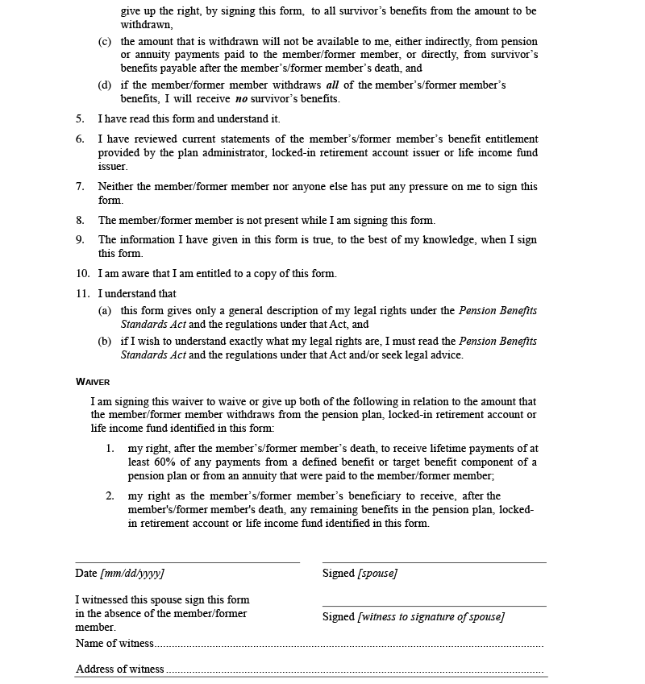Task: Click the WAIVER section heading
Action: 93,382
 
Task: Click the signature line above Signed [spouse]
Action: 434,562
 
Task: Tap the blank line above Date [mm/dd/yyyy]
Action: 187,562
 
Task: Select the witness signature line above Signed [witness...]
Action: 434,606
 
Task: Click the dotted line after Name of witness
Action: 348,645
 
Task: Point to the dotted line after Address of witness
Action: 354,671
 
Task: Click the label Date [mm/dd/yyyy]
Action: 119,574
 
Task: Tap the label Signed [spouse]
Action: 360,574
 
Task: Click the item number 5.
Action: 80,118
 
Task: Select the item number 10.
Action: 82,273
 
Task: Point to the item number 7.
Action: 80,186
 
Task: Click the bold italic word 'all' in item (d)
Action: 332,85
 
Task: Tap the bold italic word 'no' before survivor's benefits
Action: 241,99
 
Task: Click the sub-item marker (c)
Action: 105,41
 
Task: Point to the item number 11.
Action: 82,293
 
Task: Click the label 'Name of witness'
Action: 114,643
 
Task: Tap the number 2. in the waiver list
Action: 110,495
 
